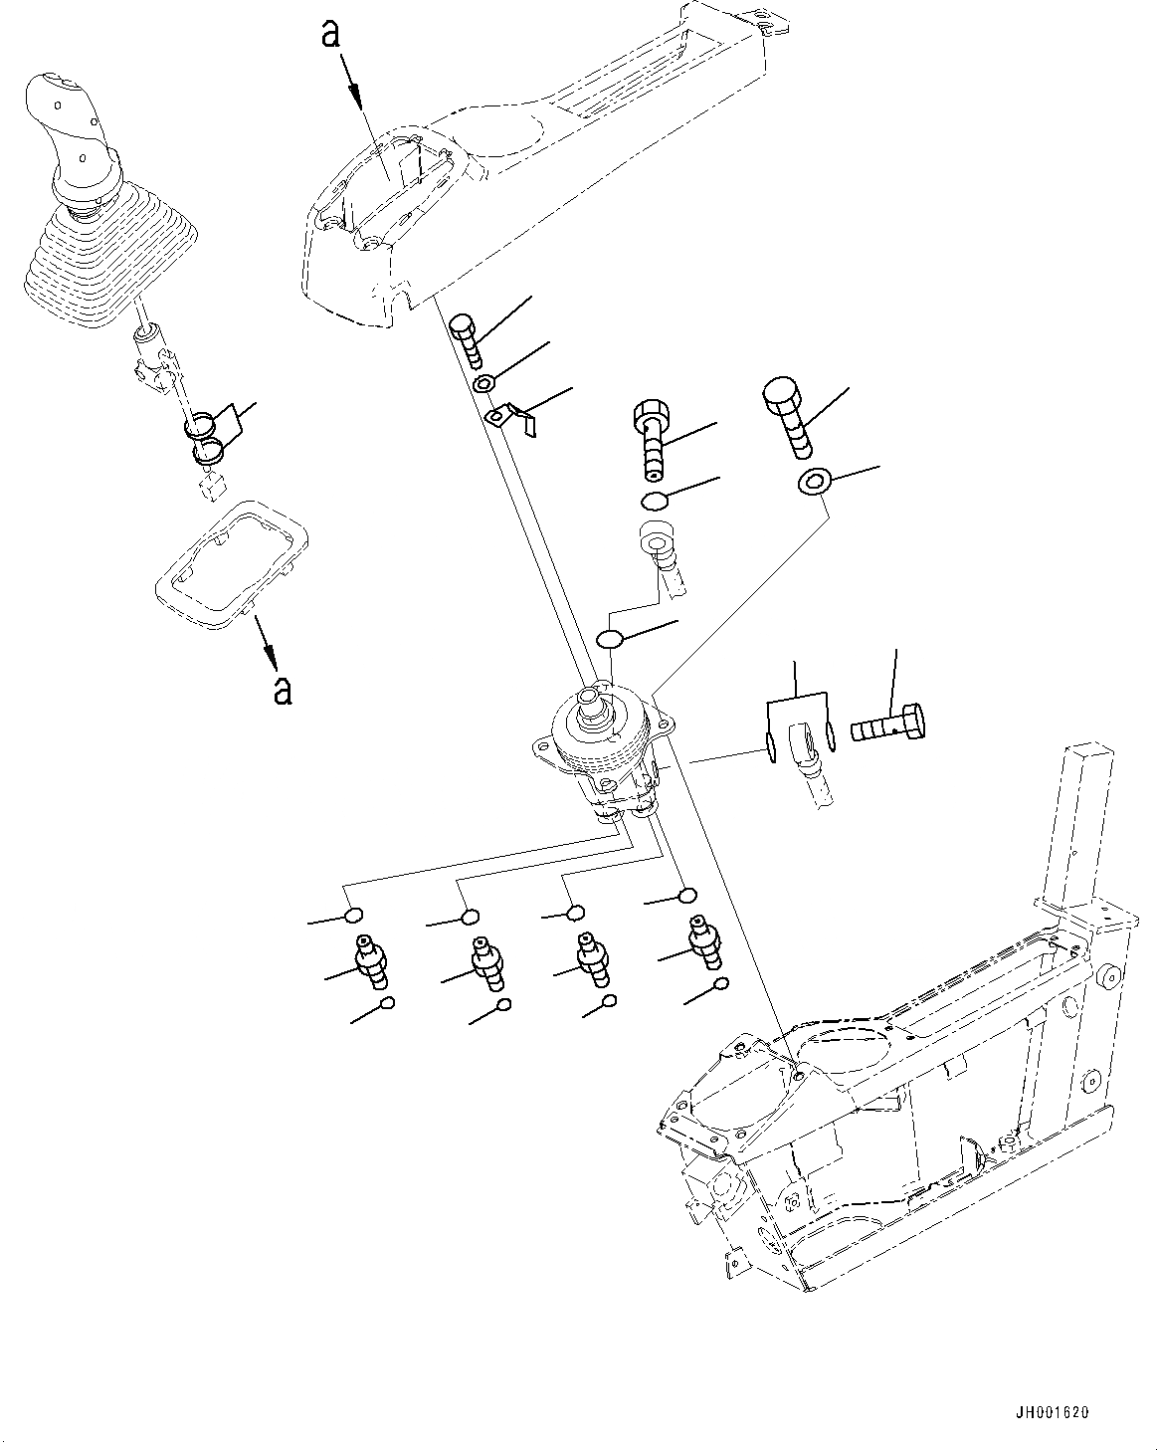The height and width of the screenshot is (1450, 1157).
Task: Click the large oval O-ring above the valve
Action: [x=610, y=637]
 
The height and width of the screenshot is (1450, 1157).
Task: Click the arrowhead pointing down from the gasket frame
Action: [x=269, y=656]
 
